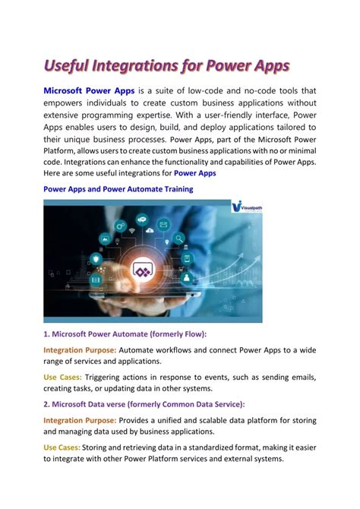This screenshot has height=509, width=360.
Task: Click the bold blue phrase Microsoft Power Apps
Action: [89, 91]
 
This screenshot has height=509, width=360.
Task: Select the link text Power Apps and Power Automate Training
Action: [118, 188]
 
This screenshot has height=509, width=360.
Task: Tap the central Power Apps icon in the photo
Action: [142, 270]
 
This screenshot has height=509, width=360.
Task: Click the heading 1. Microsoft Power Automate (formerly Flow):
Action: [125, 333]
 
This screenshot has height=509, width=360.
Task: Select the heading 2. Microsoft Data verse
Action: [144, 404]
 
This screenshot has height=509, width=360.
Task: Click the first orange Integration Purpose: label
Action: [80, 349]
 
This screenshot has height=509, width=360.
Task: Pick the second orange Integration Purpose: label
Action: [80, 420]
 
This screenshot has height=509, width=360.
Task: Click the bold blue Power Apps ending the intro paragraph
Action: [194, 172]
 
